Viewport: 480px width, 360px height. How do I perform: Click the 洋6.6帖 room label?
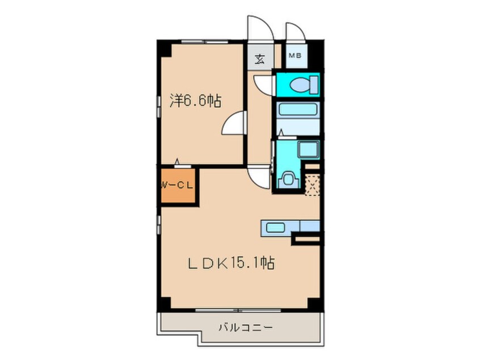(x=195, y=101)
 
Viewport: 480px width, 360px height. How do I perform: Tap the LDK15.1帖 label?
(x=231, y=263)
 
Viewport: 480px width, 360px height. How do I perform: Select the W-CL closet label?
(x=177, y=185)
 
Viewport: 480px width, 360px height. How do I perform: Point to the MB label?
(x=296, y=56)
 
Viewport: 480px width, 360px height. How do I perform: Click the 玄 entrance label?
(x=260, y=58)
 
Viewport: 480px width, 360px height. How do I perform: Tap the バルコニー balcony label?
(x=246, y=328)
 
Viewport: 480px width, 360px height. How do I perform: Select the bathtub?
(x=297, y=110)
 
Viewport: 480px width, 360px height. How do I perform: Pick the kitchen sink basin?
(x=276, y=228)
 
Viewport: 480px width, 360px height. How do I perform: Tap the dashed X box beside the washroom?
(x=312, y=185)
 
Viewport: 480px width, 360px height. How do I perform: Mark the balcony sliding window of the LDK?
(x=238, y=310)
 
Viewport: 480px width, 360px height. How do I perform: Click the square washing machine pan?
(x=309, y=149)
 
